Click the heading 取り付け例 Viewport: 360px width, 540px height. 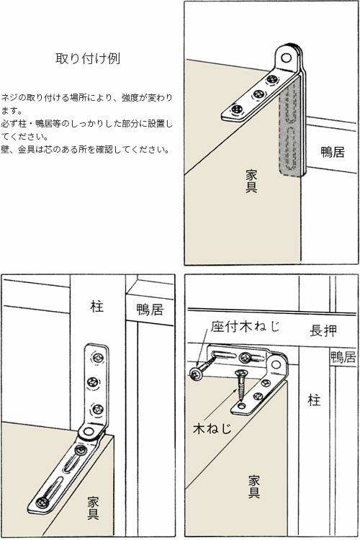pos(87,59)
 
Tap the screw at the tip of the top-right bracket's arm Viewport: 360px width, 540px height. pos(236,110)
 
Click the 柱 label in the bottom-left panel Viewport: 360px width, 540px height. pos(97,307)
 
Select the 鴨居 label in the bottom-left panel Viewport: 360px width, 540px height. pos(150,310)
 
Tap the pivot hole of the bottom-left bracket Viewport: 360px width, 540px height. pos(89,433)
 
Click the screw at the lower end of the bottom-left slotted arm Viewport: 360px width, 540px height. pos(45,501)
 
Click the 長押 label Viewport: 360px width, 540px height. pos(322,330)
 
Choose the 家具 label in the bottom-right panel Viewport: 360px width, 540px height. pos(254,486)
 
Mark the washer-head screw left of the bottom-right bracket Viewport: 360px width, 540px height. pos(197,373)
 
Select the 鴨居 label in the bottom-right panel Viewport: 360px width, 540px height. pos(343,357)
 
